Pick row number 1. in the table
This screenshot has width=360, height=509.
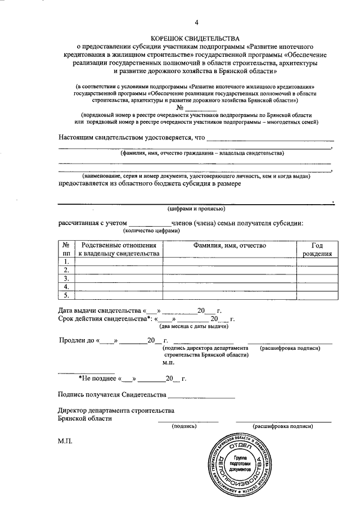coord(66,262)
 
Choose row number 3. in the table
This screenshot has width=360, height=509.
coord(66,278)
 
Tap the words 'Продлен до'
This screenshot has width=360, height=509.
coord(77,340)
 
